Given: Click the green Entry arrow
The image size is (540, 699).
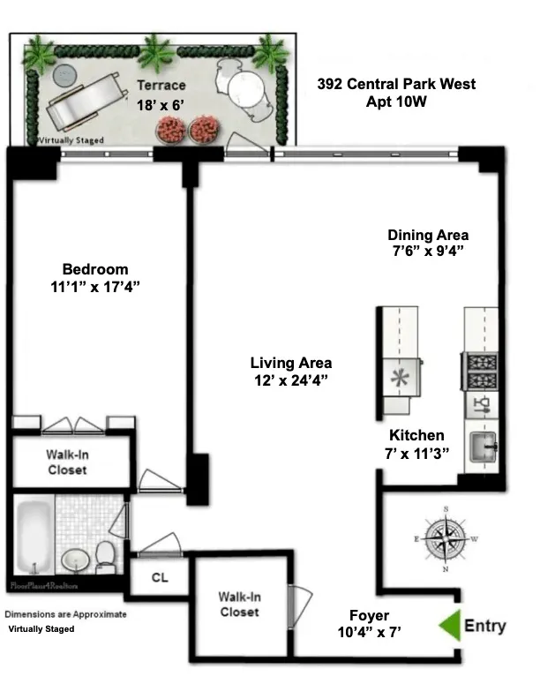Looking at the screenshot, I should [450, 625].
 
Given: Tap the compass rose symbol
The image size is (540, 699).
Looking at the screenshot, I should [446, 538].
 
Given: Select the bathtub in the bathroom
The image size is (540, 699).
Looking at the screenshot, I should [34, 537].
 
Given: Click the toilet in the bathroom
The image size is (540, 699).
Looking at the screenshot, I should [105, 556].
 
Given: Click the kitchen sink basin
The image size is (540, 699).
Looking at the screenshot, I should [481, 441].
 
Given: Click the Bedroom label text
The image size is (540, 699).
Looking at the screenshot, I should [94, 269].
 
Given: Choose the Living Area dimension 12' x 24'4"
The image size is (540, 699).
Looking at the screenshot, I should [290, 380].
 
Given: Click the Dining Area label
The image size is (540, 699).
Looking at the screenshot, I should [428, 235].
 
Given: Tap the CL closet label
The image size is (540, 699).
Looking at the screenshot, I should [160, 578].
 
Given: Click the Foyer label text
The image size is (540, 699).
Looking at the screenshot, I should [368, 615].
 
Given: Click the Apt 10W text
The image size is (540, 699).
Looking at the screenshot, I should [396, 101].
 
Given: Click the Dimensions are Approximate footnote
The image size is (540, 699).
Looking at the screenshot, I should [65, 614].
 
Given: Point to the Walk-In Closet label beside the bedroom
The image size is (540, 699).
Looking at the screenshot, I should [67, 462].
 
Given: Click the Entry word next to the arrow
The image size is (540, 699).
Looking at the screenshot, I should [485, 626].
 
